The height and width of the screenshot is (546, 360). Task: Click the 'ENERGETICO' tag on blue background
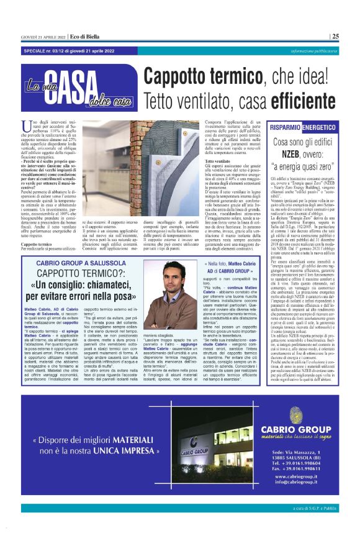(x=320, y=127)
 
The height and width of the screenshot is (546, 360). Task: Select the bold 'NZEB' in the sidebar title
(x=299, y=153)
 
